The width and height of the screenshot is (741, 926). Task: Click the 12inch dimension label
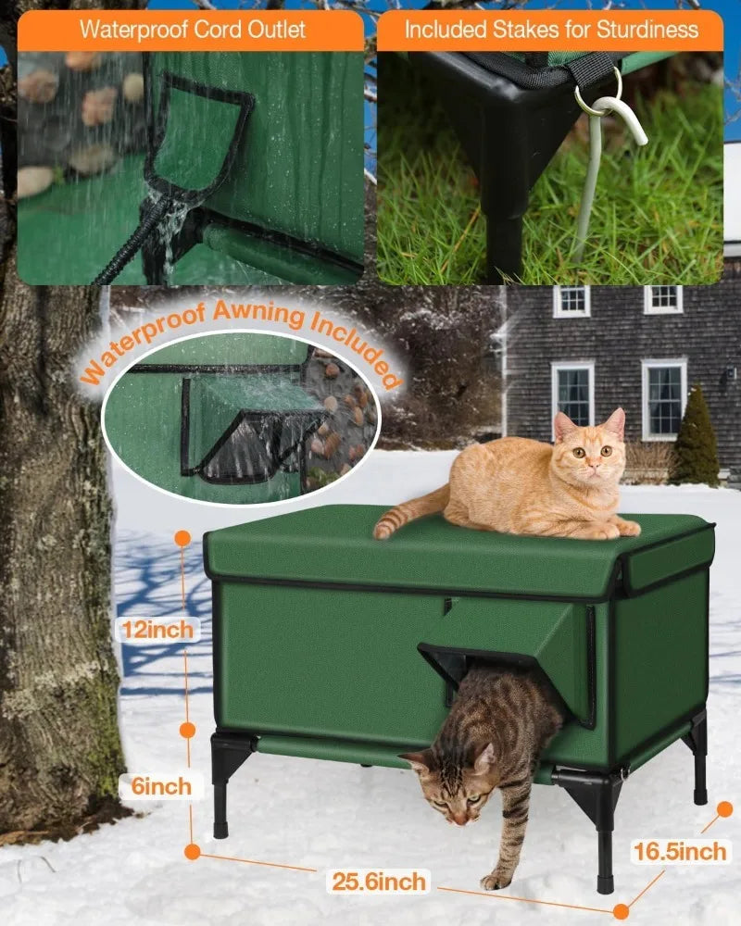[158, 630]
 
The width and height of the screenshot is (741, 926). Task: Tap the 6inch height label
[158, 787]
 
